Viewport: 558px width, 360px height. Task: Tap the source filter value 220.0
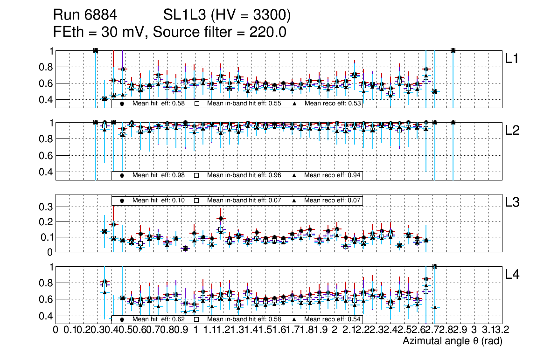[265, 32]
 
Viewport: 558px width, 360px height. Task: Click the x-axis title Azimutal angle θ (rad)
[452, 341]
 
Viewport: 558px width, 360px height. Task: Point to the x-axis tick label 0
[56, 330]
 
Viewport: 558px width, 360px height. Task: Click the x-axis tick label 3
[474, 330]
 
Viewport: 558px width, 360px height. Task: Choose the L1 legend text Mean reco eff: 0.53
[333, 104]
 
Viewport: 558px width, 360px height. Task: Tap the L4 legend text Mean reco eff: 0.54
[333, 319]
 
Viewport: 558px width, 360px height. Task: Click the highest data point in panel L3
[221, 218]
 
